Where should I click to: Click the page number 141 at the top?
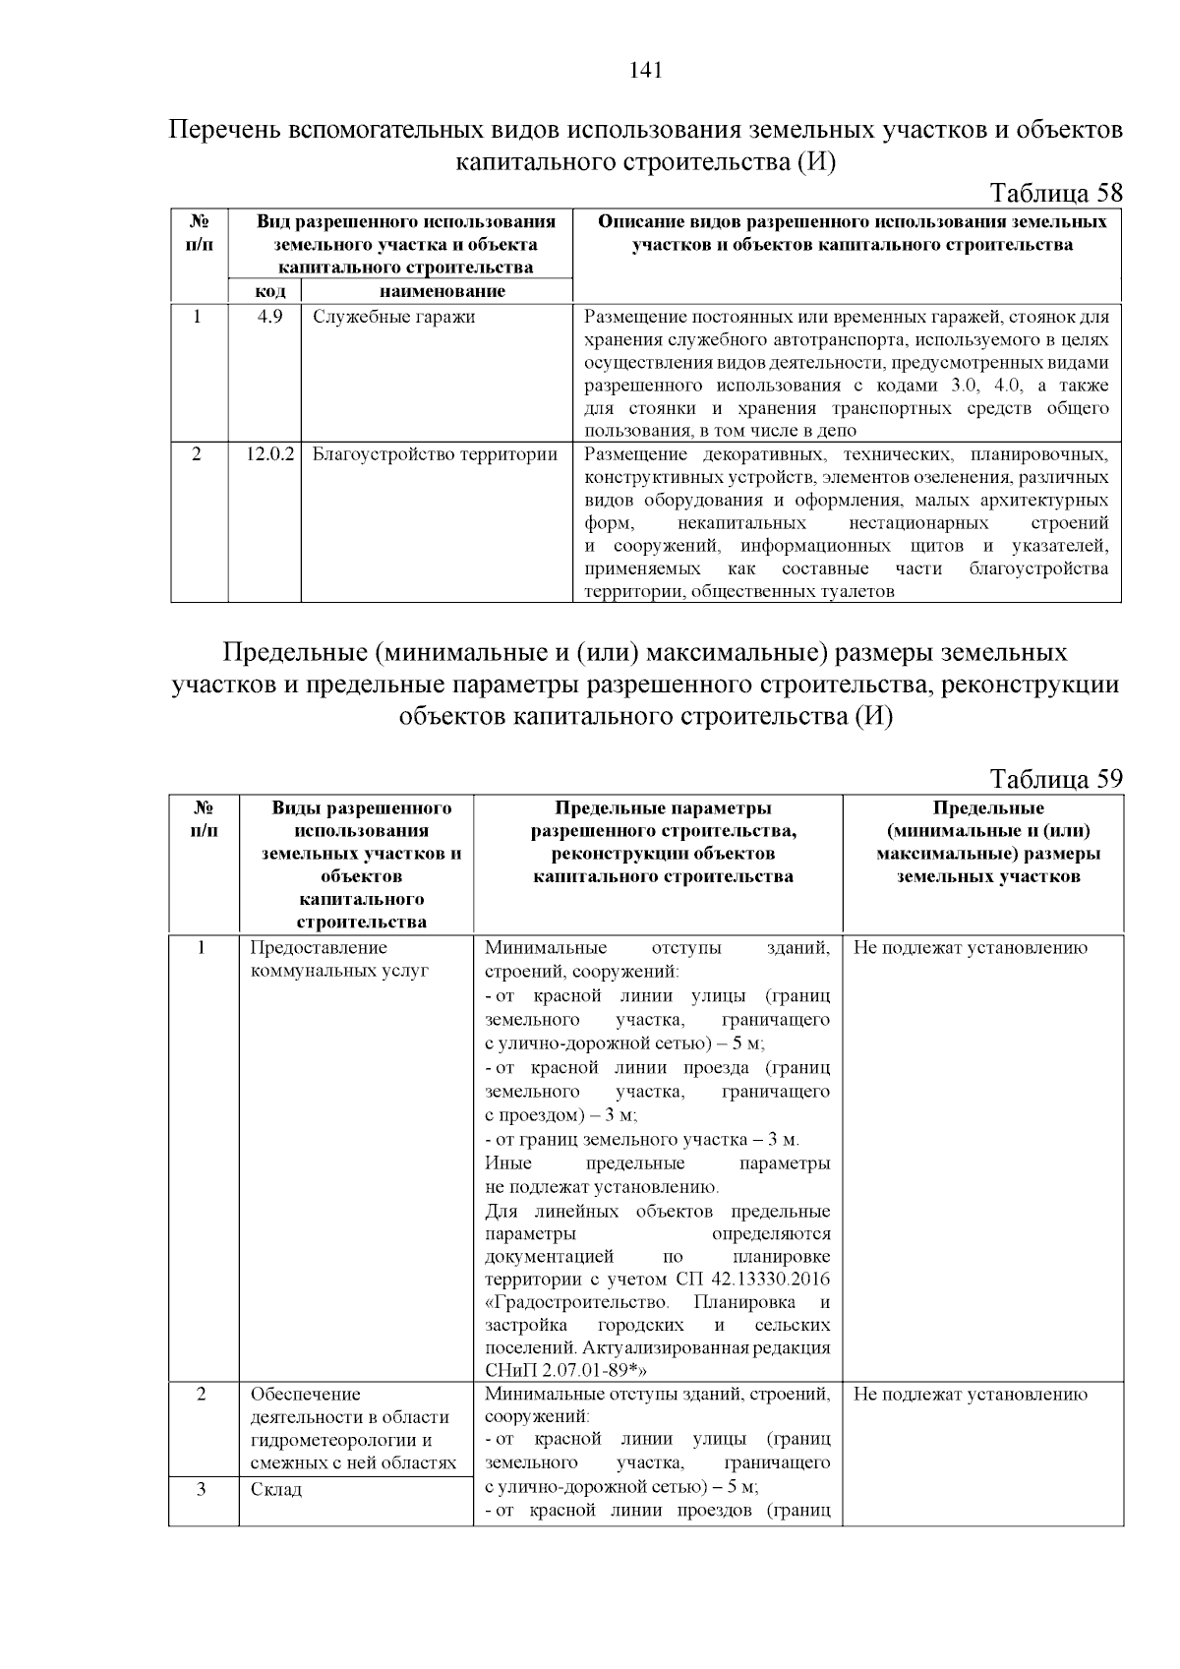(645, 70)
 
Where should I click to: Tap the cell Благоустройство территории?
(435, 454)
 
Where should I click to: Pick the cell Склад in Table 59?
(276, 1489)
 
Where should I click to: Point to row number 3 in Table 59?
(201, 1489)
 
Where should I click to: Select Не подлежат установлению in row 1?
(970, 948)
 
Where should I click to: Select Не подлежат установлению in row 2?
(970, 1394)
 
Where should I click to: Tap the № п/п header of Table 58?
(199, 232)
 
